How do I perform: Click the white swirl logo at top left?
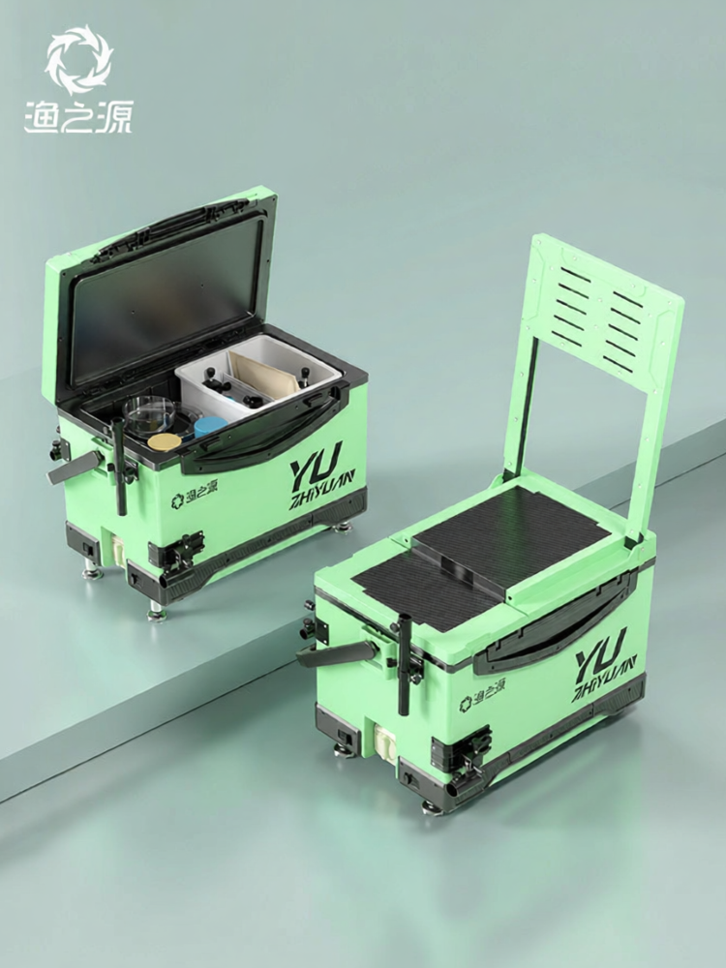click(79, 59)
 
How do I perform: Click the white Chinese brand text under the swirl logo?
click(78, 117)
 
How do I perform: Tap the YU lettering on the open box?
click(317, 462)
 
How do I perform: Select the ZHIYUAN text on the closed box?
click(606, 679)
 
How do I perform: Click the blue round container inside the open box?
click(210, 427)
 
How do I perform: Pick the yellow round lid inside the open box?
click(165, 442)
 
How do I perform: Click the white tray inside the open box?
click(258, 376)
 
